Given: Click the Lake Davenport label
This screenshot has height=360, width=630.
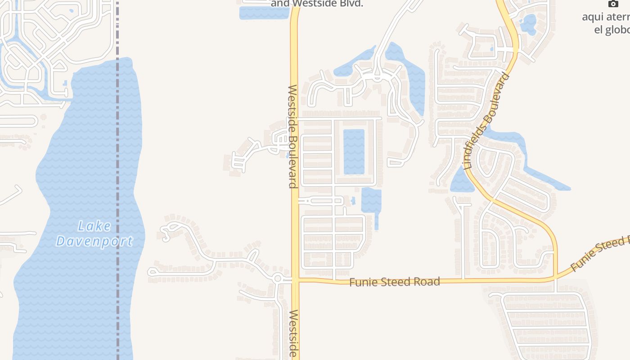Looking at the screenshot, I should (x=94, y=234).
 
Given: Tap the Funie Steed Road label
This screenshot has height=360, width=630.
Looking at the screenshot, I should (x=394, y=282).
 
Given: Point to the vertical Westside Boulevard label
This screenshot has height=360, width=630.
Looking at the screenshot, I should (x=293, y=136).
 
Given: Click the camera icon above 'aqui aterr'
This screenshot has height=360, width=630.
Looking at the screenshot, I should (x=613, y=4).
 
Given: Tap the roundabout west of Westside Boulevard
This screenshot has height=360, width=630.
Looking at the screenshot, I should (x=277, y=279).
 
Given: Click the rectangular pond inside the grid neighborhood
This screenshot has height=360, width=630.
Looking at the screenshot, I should (x=354, y=152).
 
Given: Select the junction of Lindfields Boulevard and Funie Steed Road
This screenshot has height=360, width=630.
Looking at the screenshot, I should (x=556, y=276).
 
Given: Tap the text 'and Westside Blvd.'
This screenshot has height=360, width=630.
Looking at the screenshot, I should (x=317, y=4).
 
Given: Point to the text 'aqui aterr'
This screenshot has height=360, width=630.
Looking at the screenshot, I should (x=606, y=17).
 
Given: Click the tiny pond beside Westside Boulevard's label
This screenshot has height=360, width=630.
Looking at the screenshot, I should (x=287, y=156).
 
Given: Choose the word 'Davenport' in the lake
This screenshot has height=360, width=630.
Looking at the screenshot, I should (x=94, y=241).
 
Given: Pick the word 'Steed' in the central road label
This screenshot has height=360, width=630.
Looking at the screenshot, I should (x=398, y=282).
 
